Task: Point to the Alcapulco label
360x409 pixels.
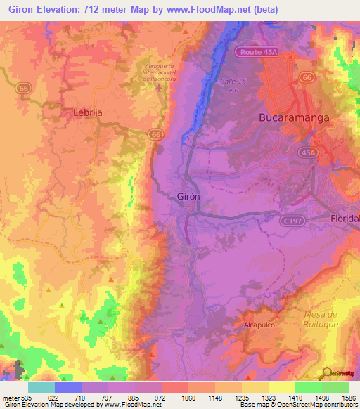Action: pyautogui.click(x=262, y=326)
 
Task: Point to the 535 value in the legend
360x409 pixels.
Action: pyautogui.click(x=20, y=397)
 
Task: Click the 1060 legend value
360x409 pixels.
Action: pyautogui.click(x=175, y=397)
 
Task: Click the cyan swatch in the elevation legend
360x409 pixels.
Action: pyautogui.click(x=41, y=387)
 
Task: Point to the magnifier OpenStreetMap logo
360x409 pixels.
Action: pyautogui.click(x=326, y=373)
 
